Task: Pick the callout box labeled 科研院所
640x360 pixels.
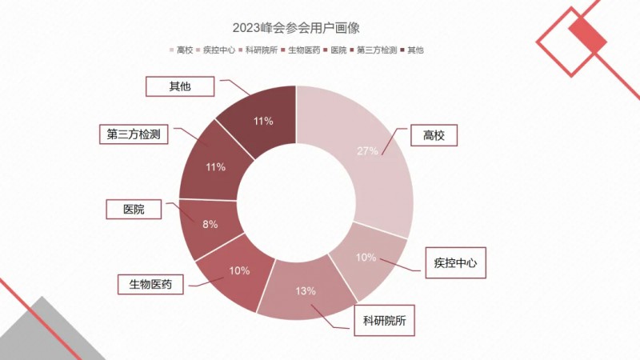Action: point(385,322)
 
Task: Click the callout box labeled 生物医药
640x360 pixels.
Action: point(151,283)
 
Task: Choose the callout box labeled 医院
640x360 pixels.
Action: point(134,209)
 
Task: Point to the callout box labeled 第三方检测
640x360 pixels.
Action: point(134,134)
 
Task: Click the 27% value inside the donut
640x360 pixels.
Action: point(367,150)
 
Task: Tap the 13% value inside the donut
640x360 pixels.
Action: point(306,290)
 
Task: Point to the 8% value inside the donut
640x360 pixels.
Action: point(210,224)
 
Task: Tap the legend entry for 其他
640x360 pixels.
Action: point(411,50)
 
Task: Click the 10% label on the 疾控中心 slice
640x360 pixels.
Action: point(366,257)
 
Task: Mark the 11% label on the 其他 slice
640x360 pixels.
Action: point(263,121)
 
